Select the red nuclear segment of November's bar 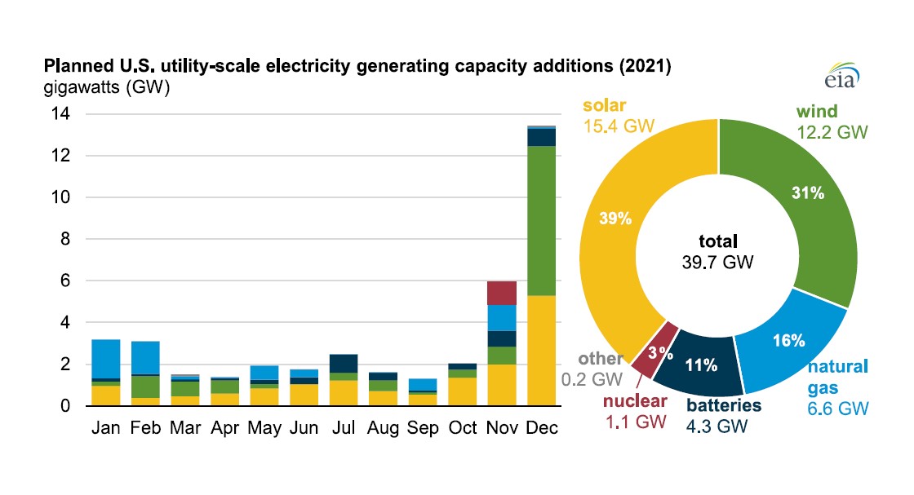click(x=502, y=293)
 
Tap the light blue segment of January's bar click(x=105, y=359)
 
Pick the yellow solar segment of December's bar click(x=542, y=351)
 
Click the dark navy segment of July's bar click(x=343, y=363)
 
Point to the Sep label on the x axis click(x=422, y=426)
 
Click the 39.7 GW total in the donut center click(x=717, y=262)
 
